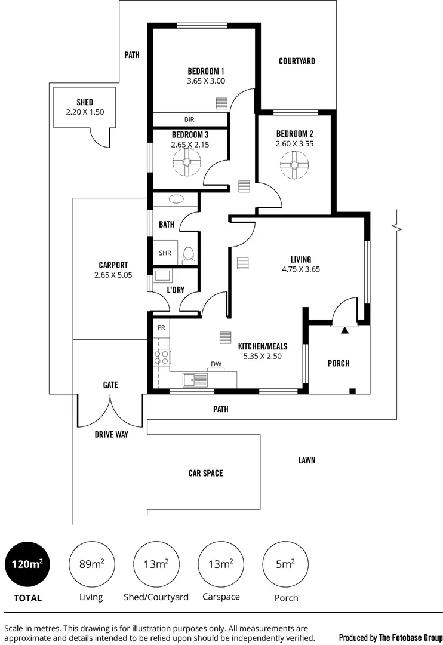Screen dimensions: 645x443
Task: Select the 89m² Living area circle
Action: [x=91, y=564]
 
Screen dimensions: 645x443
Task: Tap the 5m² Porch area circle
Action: [x=285, y=564]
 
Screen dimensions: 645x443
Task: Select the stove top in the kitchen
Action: [x=162, y=358]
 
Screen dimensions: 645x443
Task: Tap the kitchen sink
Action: [x=195, y=379]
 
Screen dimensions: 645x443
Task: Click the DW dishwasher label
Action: [x=216, y=364]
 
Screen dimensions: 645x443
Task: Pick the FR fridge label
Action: [x=161, y=328]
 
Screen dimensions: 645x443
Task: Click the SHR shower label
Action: [x=165, y=253]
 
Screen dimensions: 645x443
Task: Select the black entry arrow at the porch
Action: [x=344, y=329]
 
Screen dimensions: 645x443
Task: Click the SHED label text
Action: [x=85, y=102]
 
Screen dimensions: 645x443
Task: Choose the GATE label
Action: [x=110, y=385]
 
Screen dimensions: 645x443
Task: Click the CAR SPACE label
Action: [x=205, y=473]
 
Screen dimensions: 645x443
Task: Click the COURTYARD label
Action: [x=297, y=61]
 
